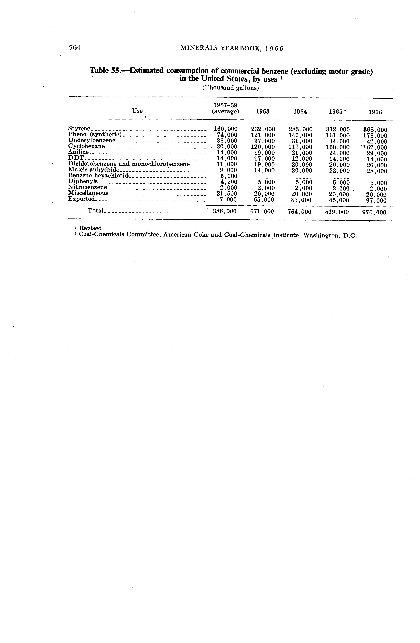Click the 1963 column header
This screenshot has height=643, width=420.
(x=263, y=112)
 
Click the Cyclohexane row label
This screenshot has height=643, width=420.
(x=86, y=146)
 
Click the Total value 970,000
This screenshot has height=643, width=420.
(x=374, y=212)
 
